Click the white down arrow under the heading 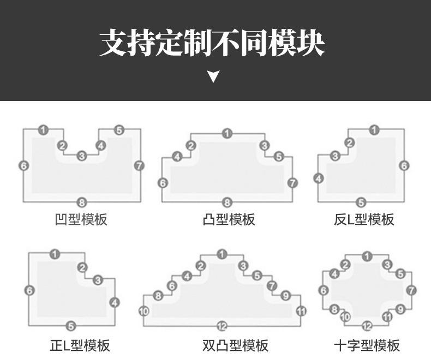[213, 76]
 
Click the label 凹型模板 [81, 219]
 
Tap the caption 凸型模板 [229, 219]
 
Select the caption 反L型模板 [364, 219]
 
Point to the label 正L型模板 [80, 346]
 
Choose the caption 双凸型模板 [235, 346]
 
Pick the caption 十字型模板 [367, 346]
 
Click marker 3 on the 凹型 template [82, 156]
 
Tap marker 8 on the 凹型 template [82, 203]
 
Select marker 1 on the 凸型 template [227, 134]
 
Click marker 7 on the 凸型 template [293, 183]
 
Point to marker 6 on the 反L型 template [404, 165]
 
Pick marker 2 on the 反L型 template [349, 142]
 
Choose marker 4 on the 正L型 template [115, 303]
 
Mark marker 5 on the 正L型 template [71, 326]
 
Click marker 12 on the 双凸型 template [222, 326]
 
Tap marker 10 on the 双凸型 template [144, 311]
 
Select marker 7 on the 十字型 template [411, 290]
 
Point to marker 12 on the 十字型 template [367, 326]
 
